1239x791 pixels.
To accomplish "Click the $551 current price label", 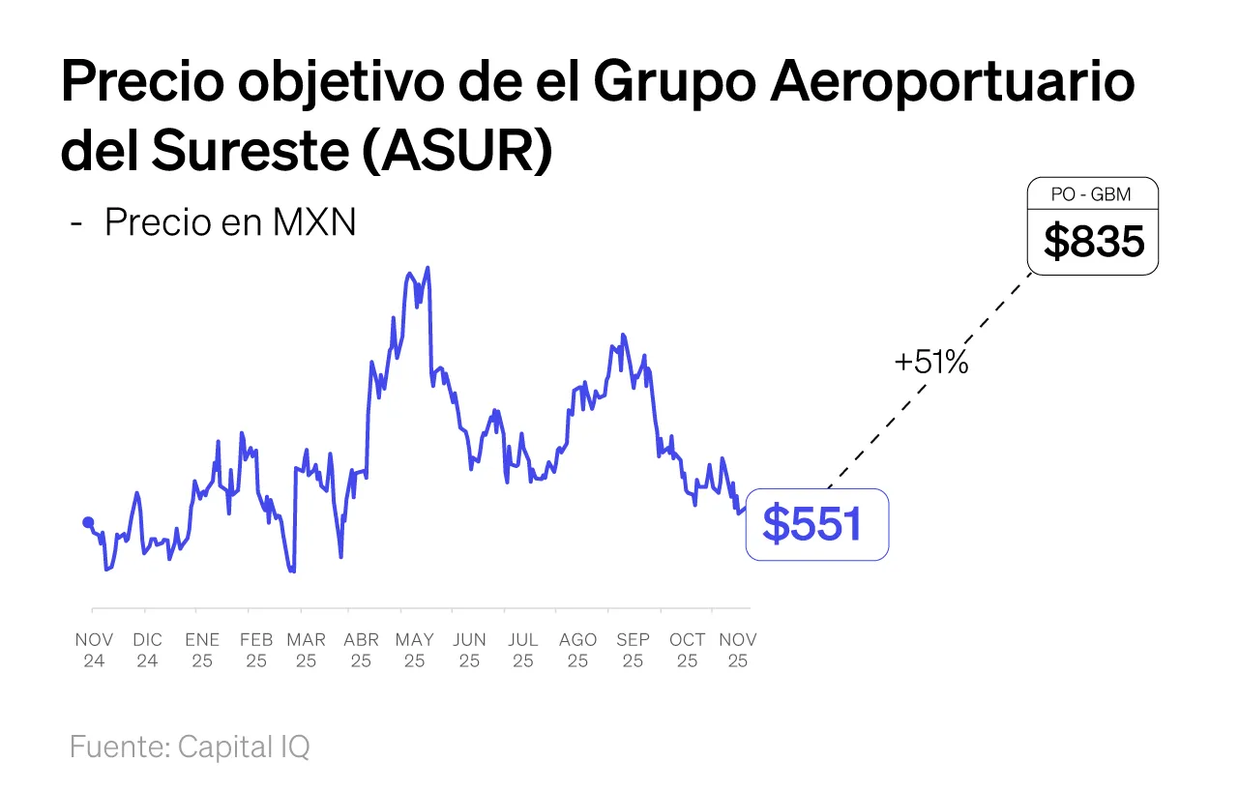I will click(815, 524).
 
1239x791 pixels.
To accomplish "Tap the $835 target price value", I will click(1093, 242).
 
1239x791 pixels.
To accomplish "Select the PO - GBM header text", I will click(1092, 195).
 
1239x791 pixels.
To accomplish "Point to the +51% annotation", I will click(931, 363).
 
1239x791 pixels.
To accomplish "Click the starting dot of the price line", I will click(88, 522).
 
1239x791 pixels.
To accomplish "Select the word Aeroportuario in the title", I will click(953, 83).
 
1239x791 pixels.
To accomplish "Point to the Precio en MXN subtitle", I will click(230, 222).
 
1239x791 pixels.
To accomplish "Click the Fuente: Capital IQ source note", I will click(190, 747).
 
